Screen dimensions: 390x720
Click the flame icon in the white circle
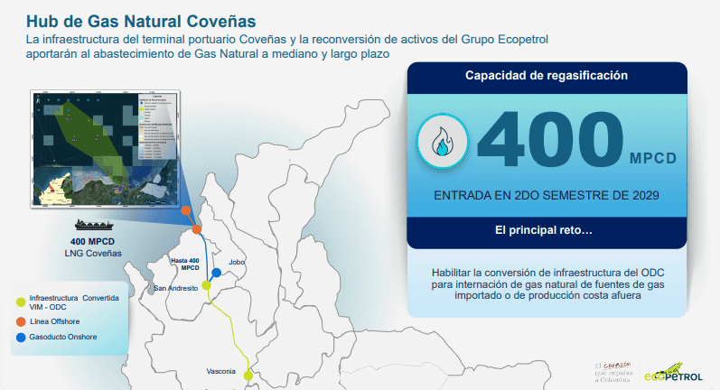point(444,142)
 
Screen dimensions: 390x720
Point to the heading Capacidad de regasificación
point(546,76)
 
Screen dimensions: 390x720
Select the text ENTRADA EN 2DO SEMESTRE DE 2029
point(546,196)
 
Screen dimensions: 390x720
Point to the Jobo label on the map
point(238,262)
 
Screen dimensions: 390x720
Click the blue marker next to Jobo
point(216,273)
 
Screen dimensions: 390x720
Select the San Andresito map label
point(175,288)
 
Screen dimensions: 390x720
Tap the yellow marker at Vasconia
point(248,375)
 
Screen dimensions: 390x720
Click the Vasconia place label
point(221,371)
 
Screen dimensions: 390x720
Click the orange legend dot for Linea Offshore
point(21,320)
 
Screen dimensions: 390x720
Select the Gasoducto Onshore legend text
point(62,338)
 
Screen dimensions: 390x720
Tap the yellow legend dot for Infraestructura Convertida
point(21,301)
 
